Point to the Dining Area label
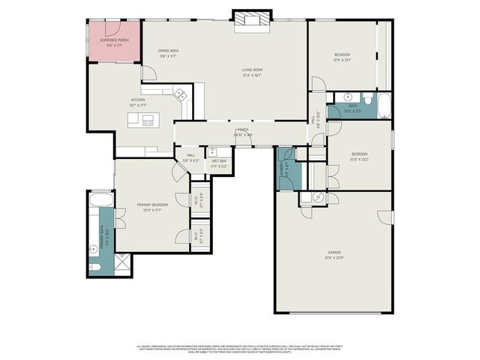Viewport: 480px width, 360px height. pos(168,50)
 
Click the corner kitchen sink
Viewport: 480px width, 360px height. pos(181,94)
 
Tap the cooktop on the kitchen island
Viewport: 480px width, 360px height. pos(148,120)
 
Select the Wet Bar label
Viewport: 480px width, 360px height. pos(219,161)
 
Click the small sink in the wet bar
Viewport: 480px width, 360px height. pos(212,151)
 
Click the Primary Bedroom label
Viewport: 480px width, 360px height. pos(151,205)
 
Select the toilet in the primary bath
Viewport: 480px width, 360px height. pos(95,266)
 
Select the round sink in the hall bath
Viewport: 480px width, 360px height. pos(348,97)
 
